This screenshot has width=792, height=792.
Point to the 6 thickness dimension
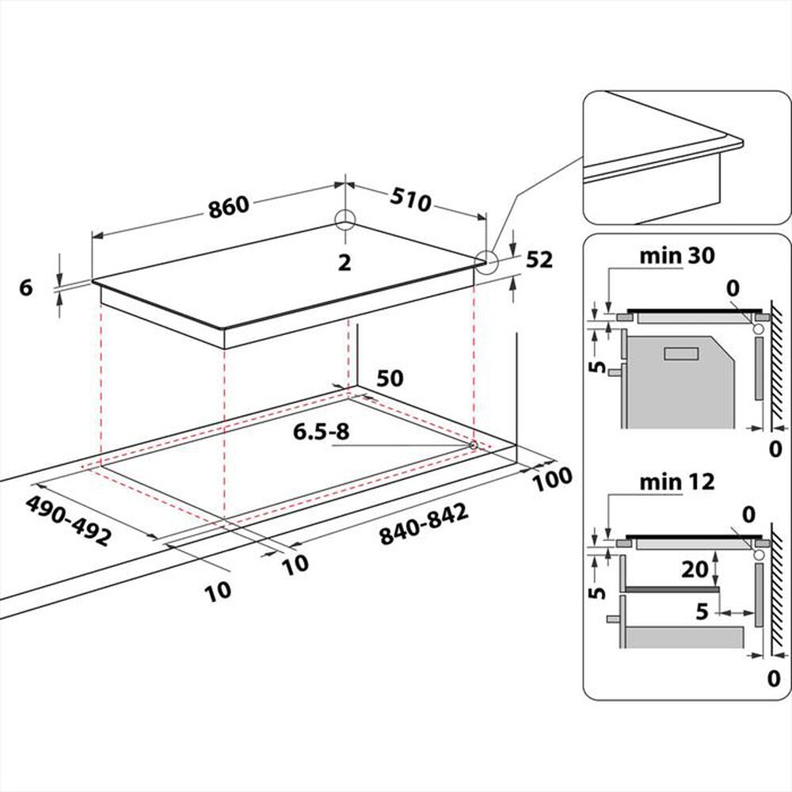point(25,288)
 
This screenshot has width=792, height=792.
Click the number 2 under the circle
point(344,263)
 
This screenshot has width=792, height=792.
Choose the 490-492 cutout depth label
point(67,522)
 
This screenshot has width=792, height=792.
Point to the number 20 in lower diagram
point(694,569)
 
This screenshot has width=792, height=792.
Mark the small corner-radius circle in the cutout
point(473,446)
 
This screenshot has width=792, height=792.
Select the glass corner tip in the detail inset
point(740,143)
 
